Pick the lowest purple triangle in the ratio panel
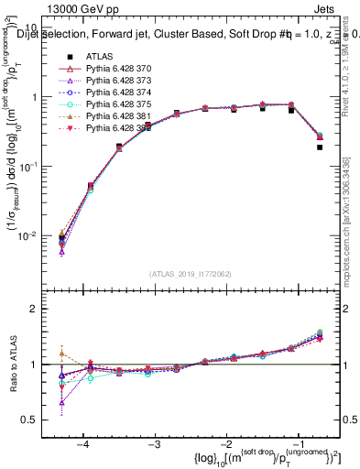(61, 402)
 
